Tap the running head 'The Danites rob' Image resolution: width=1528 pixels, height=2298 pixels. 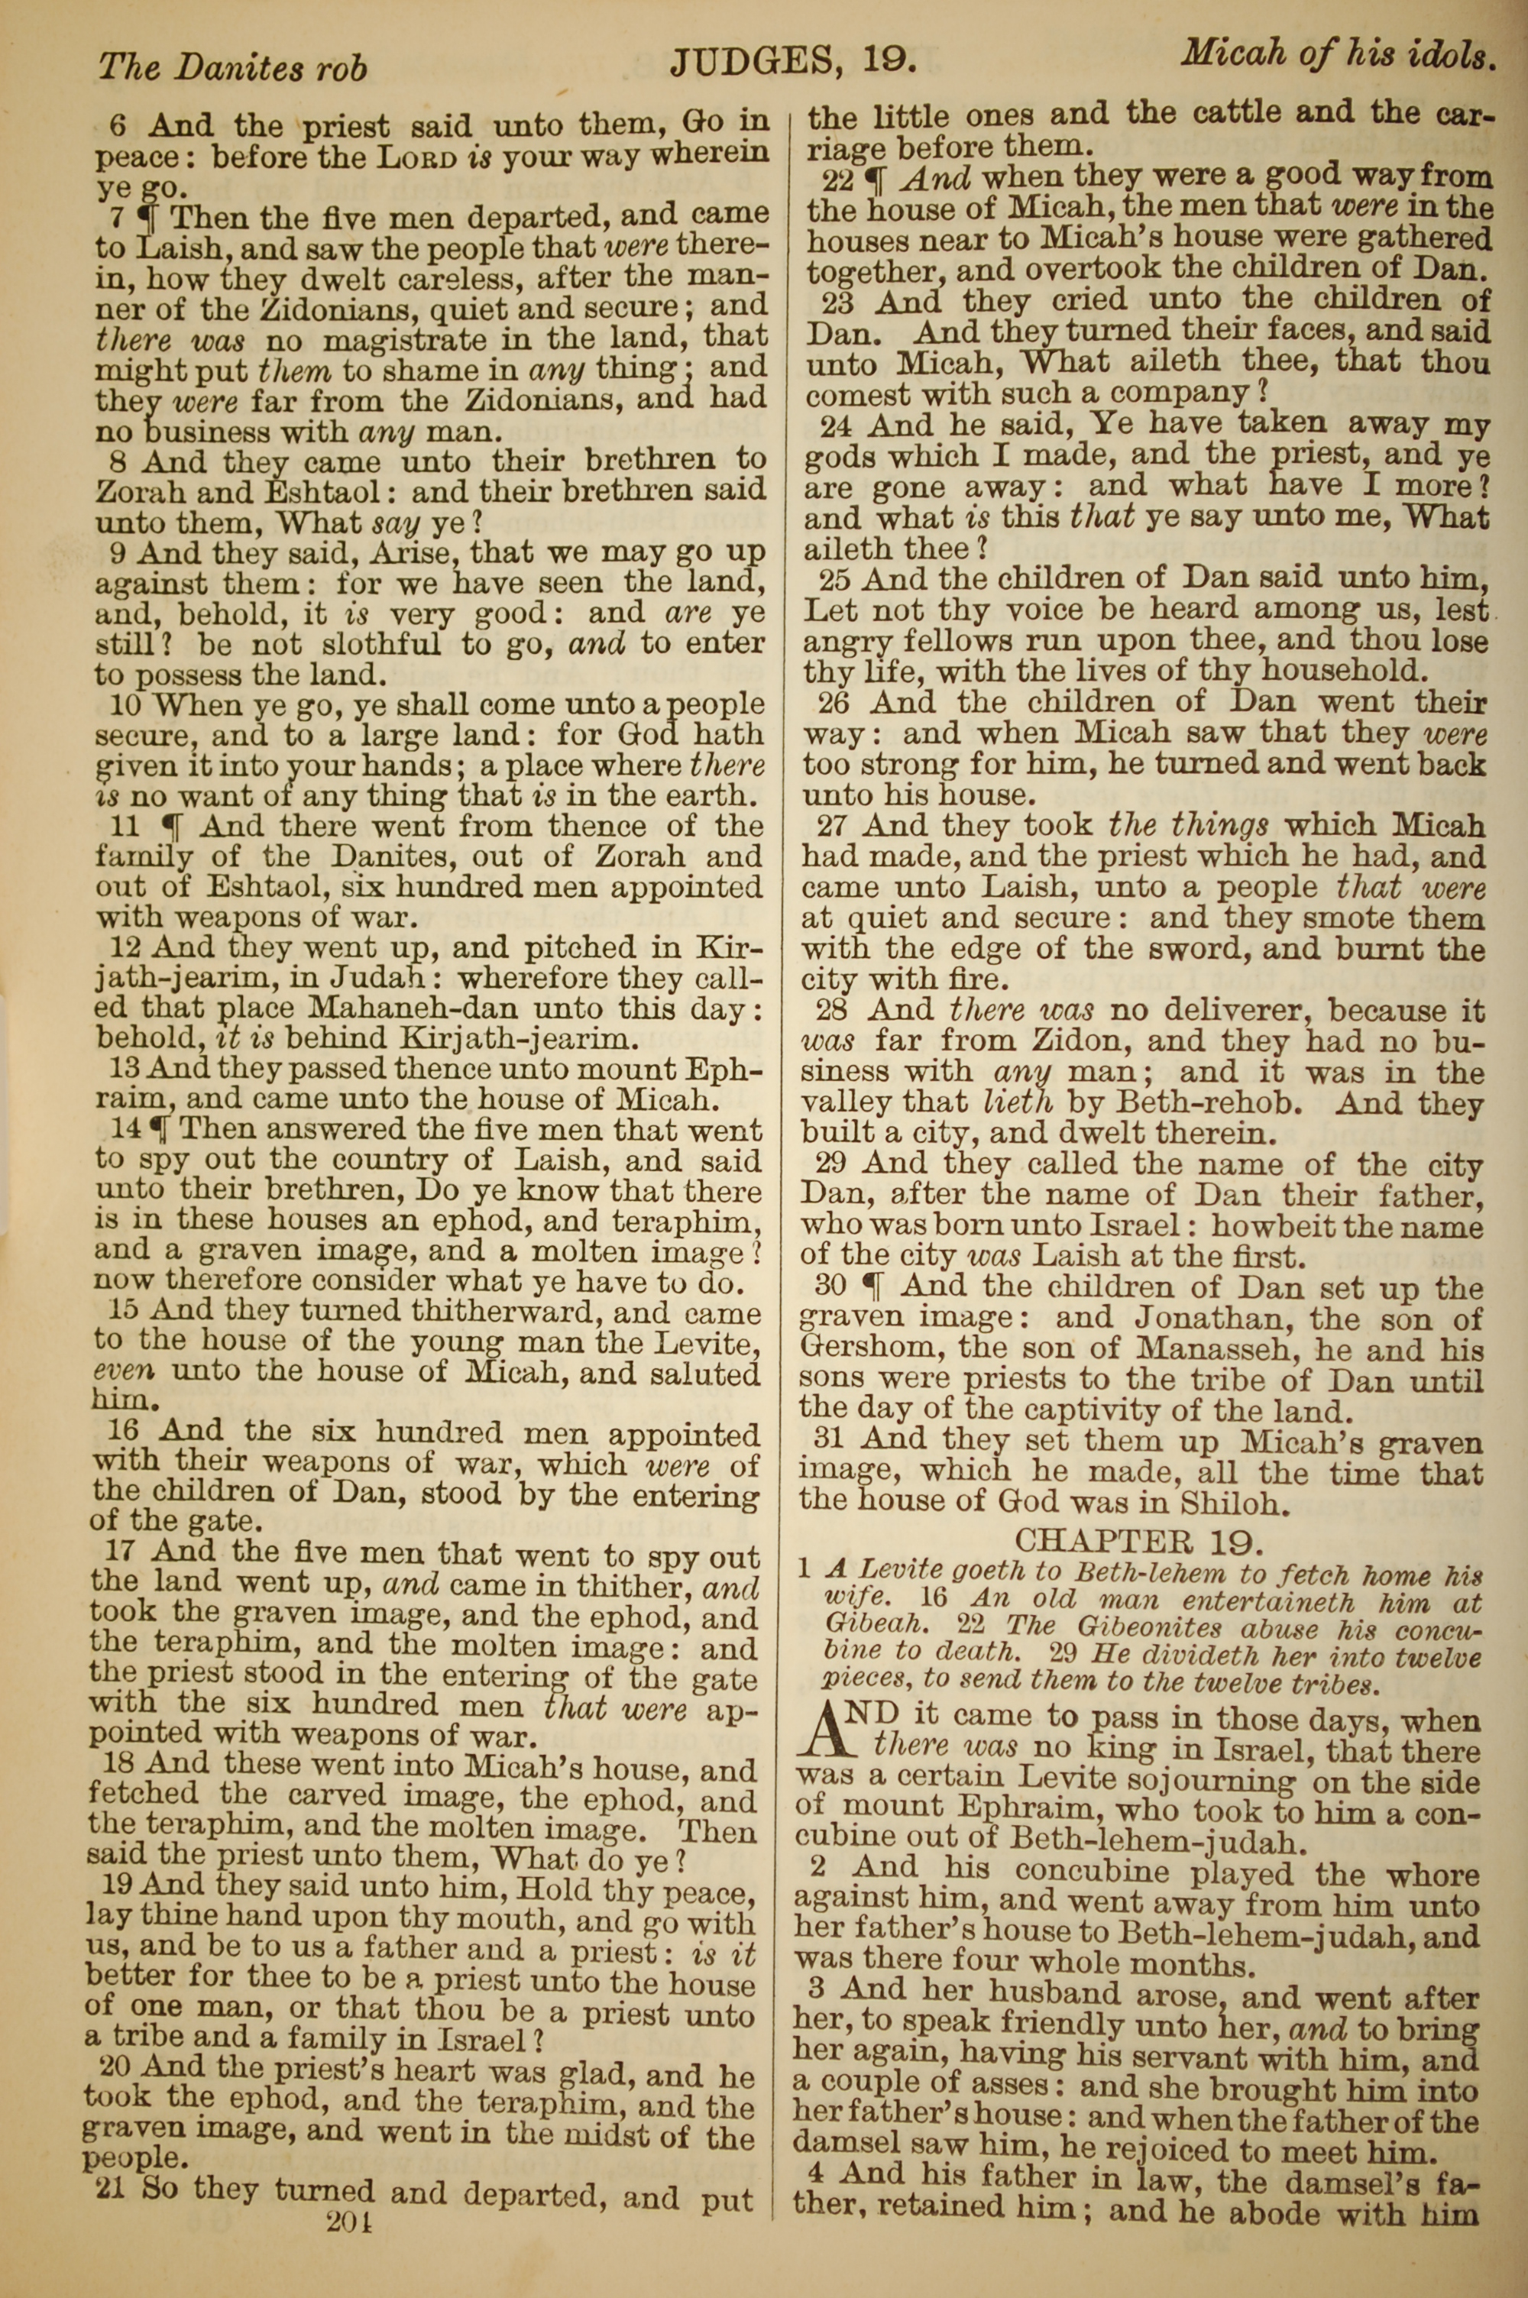pos(233,66)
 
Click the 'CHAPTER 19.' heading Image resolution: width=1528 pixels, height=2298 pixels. pos(1139,1539)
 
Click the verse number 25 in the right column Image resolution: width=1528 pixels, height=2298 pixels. pos(834,580)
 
